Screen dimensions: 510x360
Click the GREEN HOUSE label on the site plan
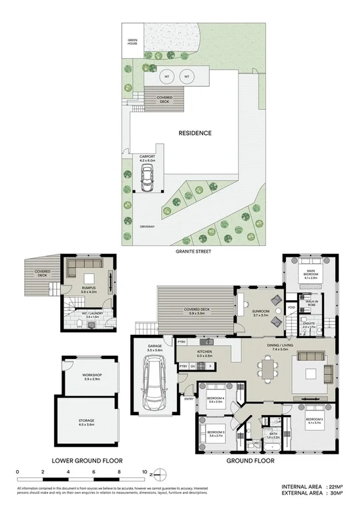[132, 42]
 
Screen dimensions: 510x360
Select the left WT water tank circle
[166, 77]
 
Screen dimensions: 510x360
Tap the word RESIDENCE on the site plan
[195, 133]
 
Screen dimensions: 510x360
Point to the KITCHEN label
[204, 350]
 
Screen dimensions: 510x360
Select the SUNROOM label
[260, 311]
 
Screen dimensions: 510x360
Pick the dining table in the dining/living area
[268, 368]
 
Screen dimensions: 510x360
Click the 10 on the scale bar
[144, 473]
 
